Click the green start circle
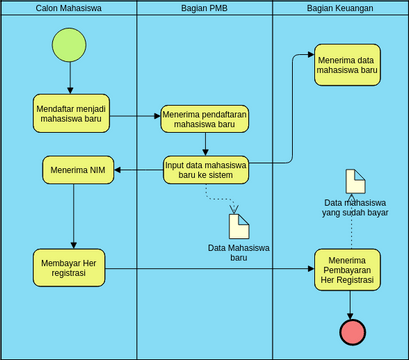[x=69, y=45]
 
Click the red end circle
[x=352, y=331]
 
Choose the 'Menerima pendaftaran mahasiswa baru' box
[x=204, y=119]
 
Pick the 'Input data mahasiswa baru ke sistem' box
[x=204, y=169]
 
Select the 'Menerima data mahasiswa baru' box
[x=346, y=64]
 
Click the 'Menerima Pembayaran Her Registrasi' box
[x=347, y=268]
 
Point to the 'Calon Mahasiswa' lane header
[x=68, y=8]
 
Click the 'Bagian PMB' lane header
[x=204, y=8]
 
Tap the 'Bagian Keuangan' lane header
[x=340, y=8]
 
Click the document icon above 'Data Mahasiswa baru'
[x=238, y=226]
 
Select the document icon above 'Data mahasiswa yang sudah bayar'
[x=355, y=182]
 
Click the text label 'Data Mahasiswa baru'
[x=238, y=252]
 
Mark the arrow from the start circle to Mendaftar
[x=69, y=78]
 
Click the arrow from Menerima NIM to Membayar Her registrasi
[x=73, y=215]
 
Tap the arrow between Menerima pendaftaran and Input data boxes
[x=204, y=144]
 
